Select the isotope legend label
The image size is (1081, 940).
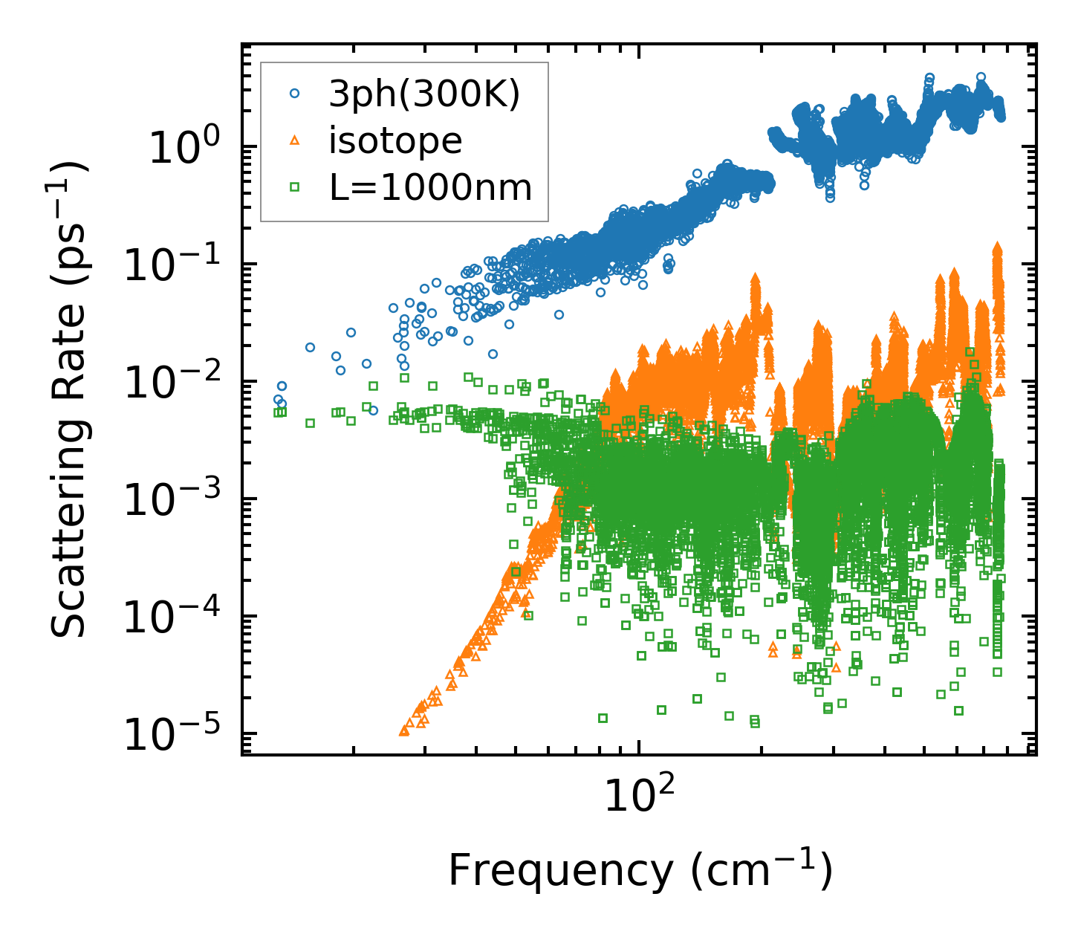tap(395, 140)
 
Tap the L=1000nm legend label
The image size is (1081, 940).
tap(431, 187)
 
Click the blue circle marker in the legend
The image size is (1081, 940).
tap(294, 94)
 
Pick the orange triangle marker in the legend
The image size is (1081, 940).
tap(294, 140)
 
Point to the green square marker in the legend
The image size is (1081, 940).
tap(294, 187)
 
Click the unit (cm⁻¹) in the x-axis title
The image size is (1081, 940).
tap(761, 869)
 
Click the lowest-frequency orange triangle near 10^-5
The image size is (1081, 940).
tap(404, 730)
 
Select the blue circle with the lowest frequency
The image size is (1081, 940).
tap(278, 399)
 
